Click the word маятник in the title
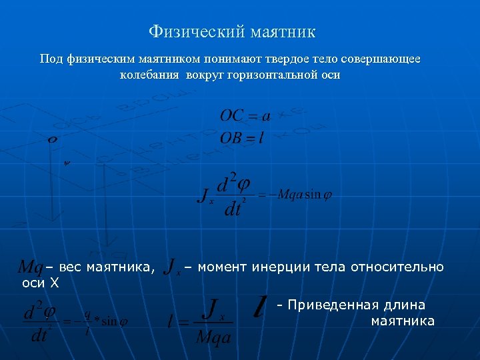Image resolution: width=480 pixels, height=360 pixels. pyautogui.click(x=284, y=31)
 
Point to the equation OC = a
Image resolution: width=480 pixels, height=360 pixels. pyautogui.click(x=245, y=116)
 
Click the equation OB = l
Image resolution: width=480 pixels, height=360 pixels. pyautogui.click(x=245, y=138)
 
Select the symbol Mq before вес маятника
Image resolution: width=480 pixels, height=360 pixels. pyautogui.click(x=30, y=268)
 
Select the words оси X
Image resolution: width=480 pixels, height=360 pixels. pyautogui.click(x=41, y=283)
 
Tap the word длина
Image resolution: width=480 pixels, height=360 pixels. pyautogui.click(x=405, y=305)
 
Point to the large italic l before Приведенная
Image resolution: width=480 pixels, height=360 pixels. pyautogui.click(x=261, y=307)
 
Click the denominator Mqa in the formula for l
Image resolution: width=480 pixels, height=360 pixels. pyautogui.click(x=213, y=337)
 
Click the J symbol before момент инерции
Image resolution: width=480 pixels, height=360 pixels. pyautogui.click(x=171, y=268)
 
